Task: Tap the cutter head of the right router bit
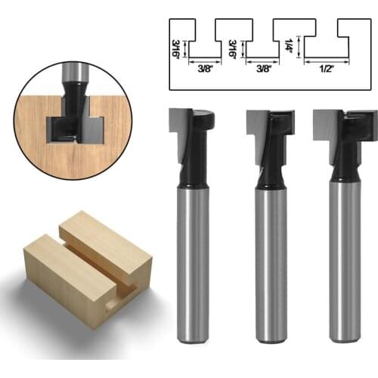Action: (345, 122)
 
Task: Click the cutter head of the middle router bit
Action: (271, 123)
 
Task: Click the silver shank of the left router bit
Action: (192, 265)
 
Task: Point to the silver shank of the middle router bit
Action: (271, 265)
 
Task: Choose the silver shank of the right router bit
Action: (345, 265)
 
